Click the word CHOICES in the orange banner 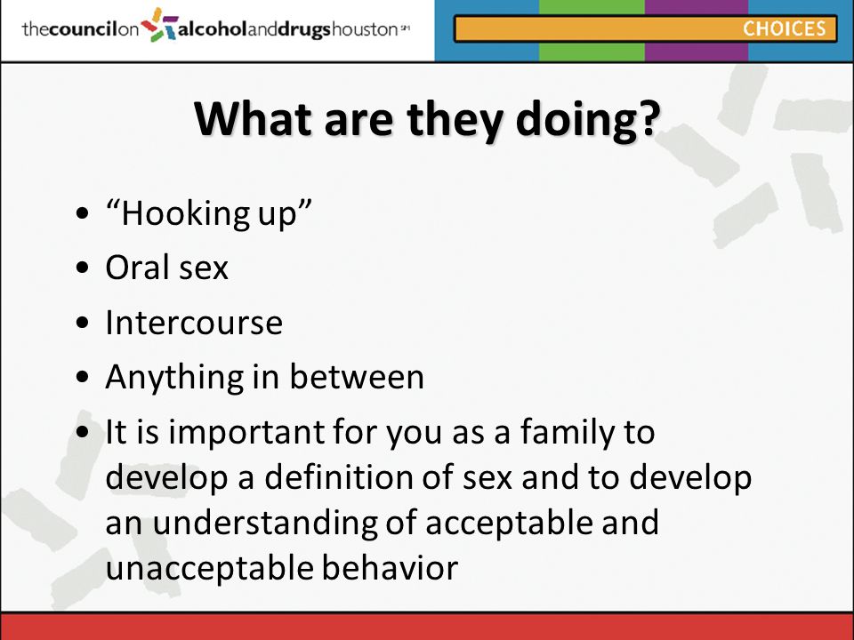pos(785,28)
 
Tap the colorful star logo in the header pos(159,25)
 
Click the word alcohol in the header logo pos(213,28)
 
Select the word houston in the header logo pos(365,28)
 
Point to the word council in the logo pos(84,28)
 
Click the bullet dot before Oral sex pos(83,268)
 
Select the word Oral pos(137,268)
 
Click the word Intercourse pos(194,322)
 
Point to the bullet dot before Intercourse pos(83,322)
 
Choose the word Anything pos(174,379)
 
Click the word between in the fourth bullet pos(357,376)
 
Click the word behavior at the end pos(390,567)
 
